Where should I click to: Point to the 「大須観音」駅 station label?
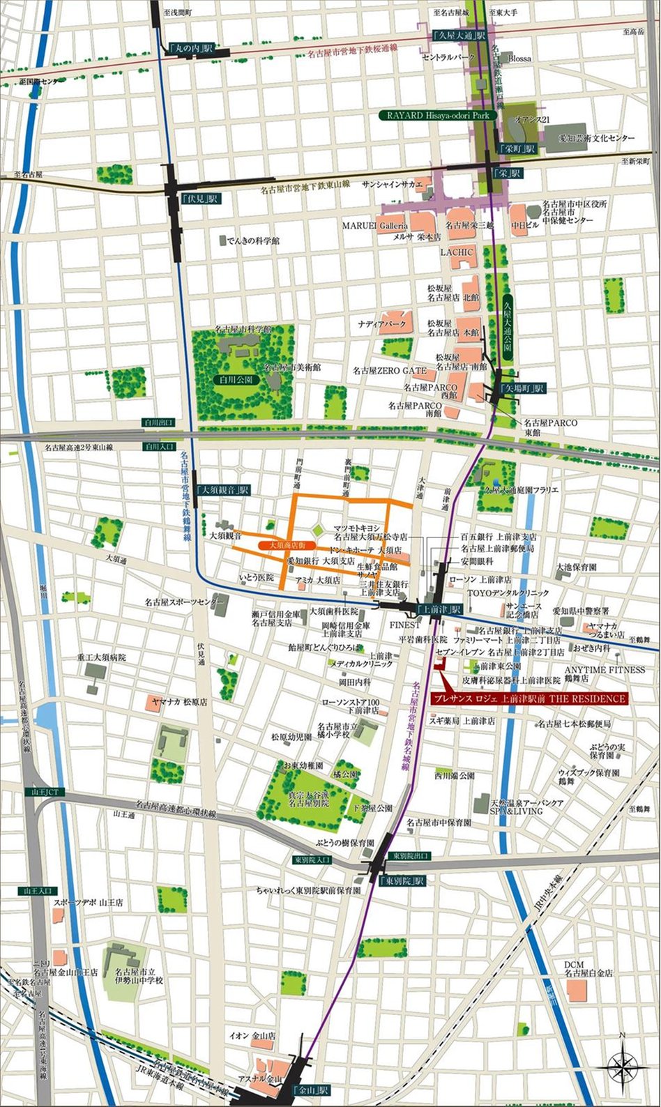click(x=223, y=490)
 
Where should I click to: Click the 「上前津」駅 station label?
click(x=439, y=609)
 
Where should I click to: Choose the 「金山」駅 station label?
click(x=311, y=1090)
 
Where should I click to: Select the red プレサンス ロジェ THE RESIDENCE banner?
click(x=529, y=698)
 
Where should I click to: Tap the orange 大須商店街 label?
click(x=287, y=544)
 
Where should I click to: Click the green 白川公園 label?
click(x=237, y=381)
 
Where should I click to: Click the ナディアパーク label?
click(x=382, y=324)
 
